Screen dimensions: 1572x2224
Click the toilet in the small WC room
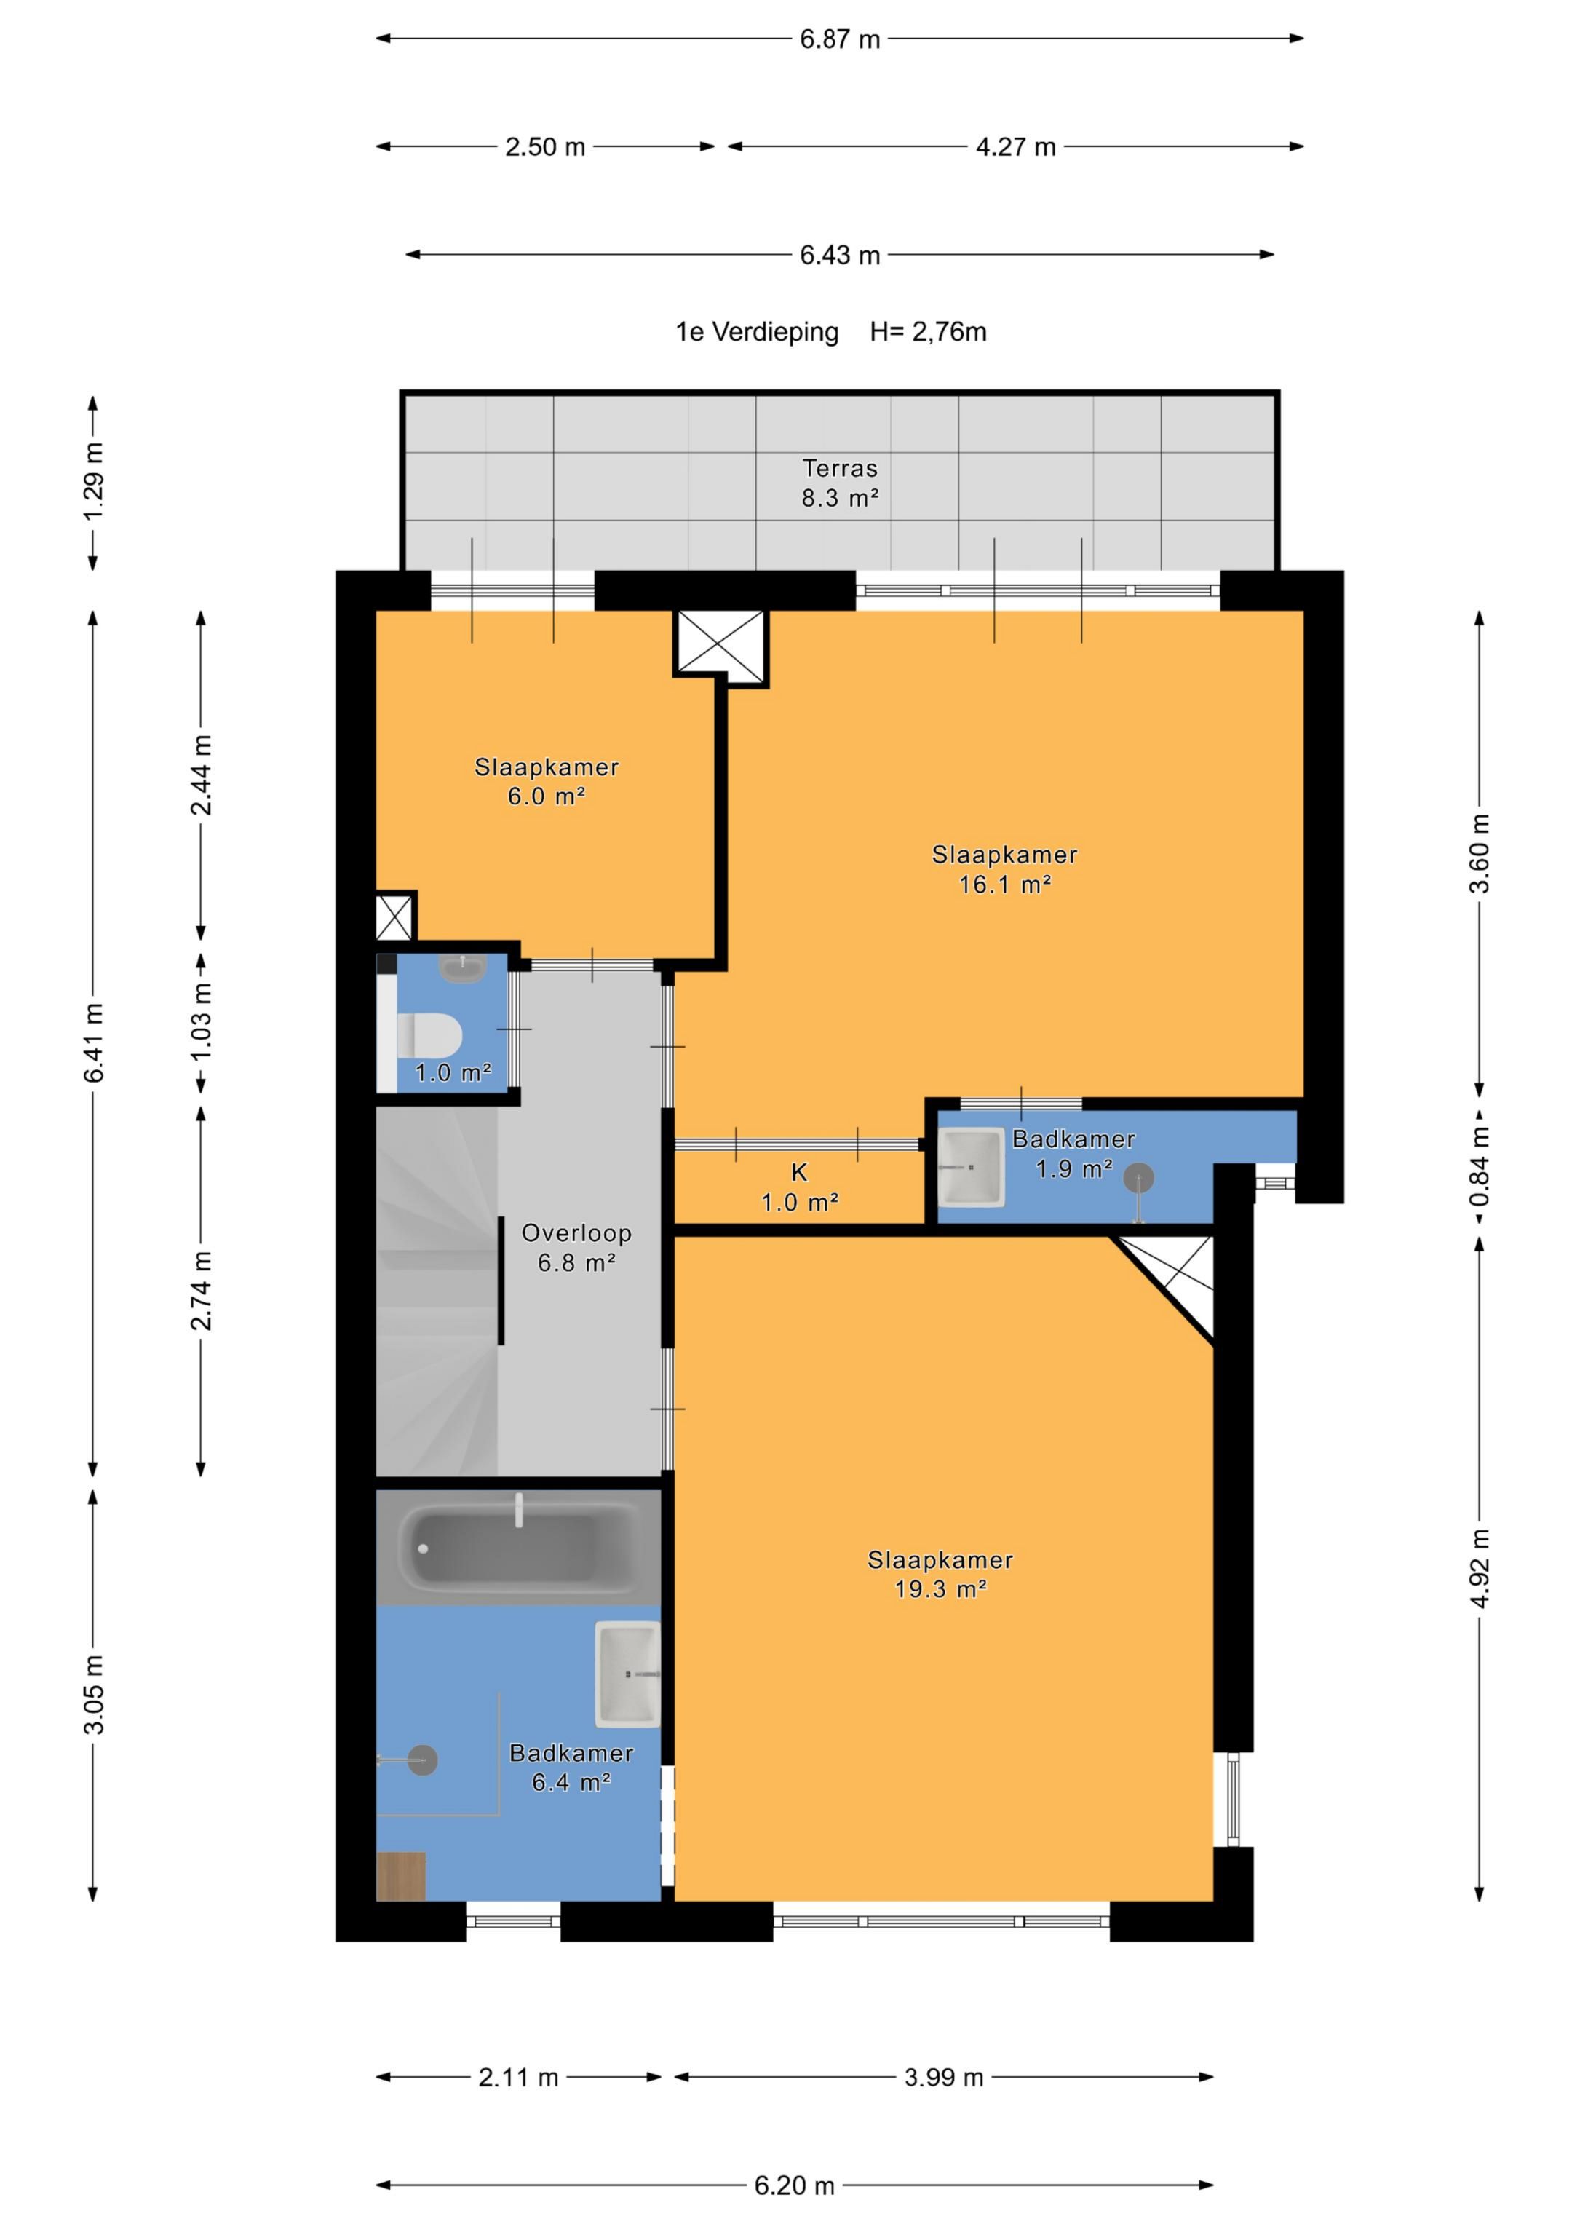coord(430,1034)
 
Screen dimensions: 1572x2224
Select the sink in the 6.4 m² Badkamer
coord(627,1674)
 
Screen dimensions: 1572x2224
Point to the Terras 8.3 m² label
coord(840,483)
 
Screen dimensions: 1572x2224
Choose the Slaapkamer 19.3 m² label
coord(940,1574)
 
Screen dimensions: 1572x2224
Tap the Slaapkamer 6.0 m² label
coord(547,780)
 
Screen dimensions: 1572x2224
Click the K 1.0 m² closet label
coord(799,1187)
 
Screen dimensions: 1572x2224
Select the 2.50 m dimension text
coord(545,147)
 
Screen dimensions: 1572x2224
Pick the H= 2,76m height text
coord(928,332)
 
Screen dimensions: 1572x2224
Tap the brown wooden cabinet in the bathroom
coord(401,1876)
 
